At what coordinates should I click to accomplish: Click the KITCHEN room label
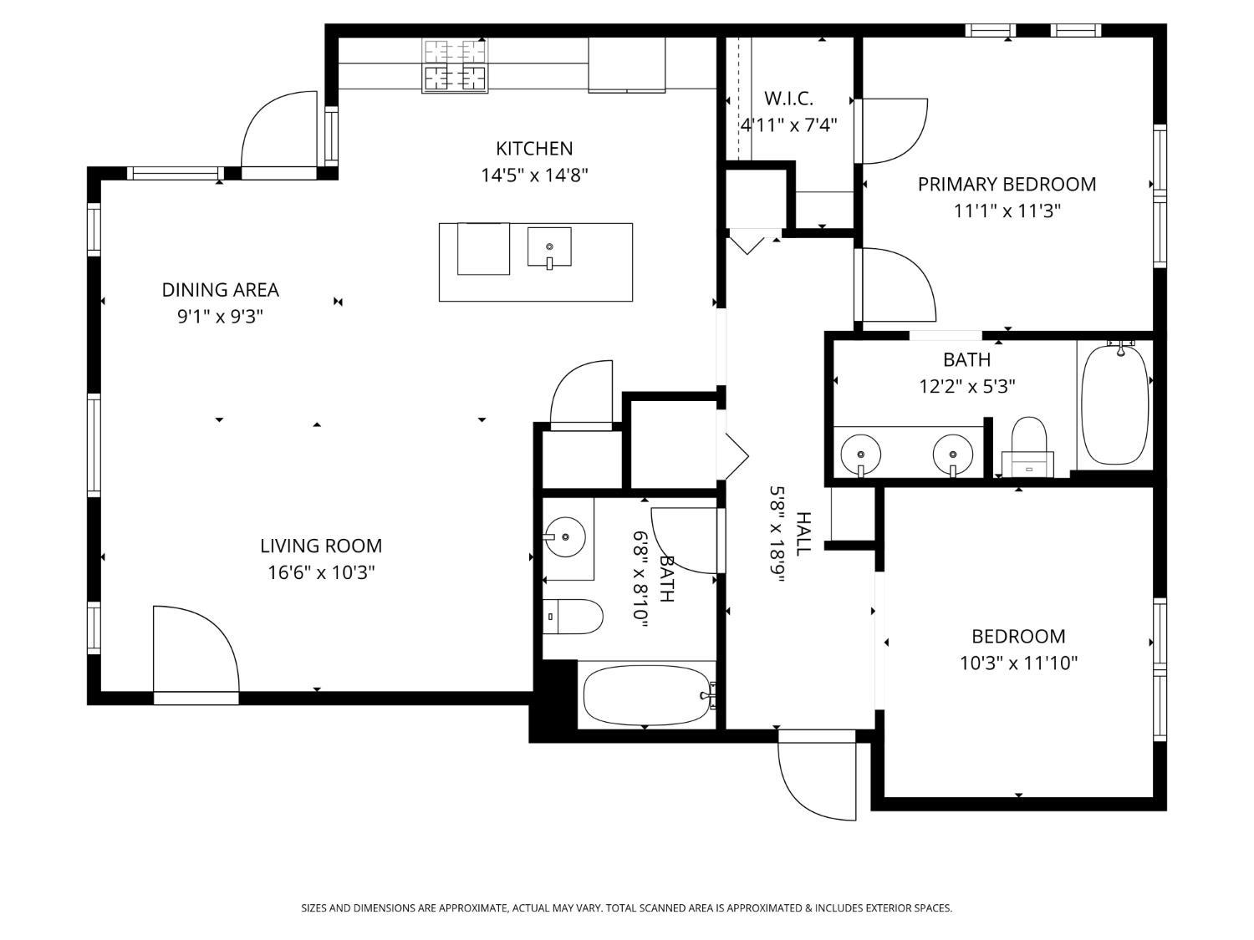pos(534,149)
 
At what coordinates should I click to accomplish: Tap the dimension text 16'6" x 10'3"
pos(321,573)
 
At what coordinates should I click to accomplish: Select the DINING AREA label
pos(220,290)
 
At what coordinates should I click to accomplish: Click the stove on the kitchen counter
pos(455,65)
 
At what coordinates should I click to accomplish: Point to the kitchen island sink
pos(549,247)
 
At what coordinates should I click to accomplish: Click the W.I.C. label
pos(788,99)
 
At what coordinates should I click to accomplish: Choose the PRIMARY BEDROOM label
pos(1007,185)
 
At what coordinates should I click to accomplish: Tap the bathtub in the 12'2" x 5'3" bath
pos(1114,404)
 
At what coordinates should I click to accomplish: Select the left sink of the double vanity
pos(861,454)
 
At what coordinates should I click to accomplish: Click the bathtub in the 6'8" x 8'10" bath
pos(645,694)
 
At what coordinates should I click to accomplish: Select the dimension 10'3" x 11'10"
pos(1018,663)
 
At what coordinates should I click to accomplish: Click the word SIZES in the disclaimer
pos(314,908)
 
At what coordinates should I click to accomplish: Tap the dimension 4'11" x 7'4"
pos(788,125)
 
